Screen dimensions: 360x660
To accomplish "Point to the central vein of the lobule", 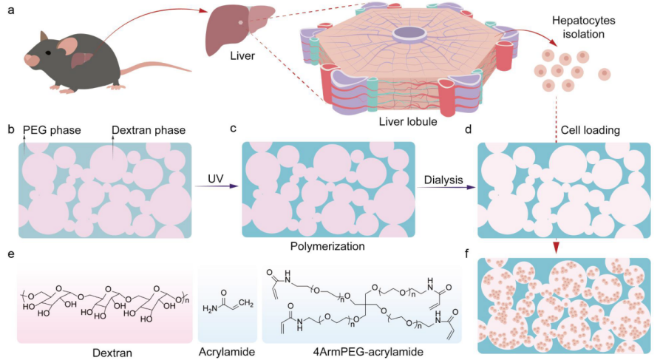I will click(x=409, y=33).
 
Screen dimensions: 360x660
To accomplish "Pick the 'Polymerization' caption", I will click(x=329, y=242).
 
